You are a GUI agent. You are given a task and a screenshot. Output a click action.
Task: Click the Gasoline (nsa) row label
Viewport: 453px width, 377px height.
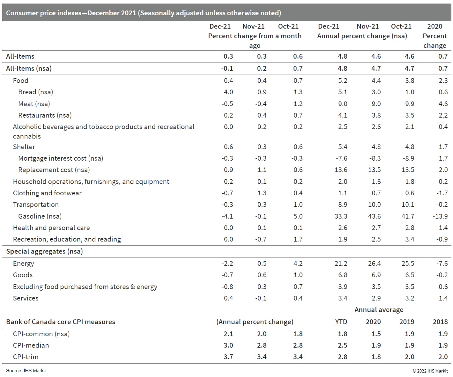pyautogui.click(x=40, y=216)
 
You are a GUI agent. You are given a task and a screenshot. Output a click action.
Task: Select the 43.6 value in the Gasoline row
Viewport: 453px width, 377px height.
pyautogui.click(x=374, y=216)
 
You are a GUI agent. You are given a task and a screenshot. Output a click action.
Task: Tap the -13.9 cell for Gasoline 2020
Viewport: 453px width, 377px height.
pyautogui.click(x=440, y=216)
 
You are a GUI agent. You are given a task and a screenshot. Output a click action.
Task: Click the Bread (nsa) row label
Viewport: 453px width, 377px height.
pyautogui.click(x=35, y=92)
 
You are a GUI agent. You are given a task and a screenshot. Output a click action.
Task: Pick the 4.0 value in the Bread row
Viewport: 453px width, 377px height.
pyautogui.click(x=228, y=92)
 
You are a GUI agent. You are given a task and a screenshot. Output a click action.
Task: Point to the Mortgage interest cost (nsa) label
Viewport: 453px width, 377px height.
pyautogui.click(x=61, y=158)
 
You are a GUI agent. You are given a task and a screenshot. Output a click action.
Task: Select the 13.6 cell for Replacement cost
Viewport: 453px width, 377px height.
pyautogui.click(x=341, y=170)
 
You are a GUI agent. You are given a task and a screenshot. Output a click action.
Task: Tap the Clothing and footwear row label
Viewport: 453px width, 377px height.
pyautogui.click(x=47, y=193)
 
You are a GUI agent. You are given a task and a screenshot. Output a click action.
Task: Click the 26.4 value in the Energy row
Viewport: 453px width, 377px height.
pyautogui.click(x=374, y=264)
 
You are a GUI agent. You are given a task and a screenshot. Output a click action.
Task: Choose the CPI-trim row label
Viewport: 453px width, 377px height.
pyautogui.click(x=26, y=357)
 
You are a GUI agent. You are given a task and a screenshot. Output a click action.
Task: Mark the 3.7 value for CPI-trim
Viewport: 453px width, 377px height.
pyautogui.click(x=228, y=357)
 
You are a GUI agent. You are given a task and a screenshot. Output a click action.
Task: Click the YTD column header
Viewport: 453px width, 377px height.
pyautogui.click(x=341, y=322)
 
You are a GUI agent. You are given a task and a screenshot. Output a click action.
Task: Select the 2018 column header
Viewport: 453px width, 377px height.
pyautogui.click(x=440, y=322)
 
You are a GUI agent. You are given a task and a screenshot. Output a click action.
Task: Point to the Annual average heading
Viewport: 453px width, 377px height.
pyautogui.click(x=379, y=310)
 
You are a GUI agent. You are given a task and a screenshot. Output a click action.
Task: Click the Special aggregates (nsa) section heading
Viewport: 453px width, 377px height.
pyautogui.click(x=44, y=251)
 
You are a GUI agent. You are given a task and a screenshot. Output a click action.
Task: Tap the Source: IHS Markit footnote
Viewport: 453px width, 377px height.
pyautogui.click(x=26, y=371)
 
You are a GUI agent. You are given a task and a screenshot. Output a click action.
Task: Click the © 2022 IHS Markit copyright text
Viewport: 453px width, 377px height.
pyautogui.click(x=430, y=371)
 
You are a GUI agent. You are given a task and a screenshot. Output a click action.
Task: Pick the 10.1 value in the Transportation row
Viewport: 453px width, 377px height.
pyautogui.click(x=408, y=205)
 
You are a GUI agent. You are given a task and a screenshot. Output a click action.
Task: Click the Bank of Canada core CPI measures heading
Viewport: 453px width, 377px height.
pyautogui.click(x=61, y=322)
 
